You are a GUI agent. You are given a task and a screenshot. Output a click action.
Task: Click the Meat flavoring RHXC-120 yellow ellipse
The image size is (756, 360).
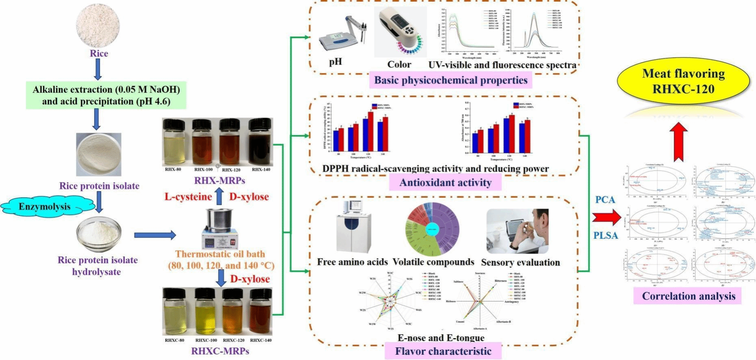tap(683, 81)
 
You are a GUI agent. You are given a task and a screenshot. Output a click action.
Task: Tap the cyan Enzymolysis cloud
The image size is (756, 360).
tap(45, 207)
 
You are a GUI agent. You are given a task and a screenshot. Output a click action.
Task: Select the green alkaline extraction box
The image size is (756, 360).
tap(106, 95)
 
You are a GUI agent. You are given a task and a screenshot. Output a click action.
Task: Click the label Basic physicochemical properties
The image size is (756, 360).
tap(451, 80)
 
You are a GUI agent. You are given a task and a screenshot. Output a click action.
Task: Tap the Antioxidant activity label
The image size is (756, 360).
tap(445, 182)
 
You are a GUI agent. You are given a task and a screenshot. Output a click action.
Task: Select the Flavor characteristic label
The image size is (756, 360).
tap(443, 351)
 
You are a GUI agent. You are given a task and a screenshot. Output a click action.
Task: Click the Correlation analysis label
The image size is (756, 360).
tap(689, 296)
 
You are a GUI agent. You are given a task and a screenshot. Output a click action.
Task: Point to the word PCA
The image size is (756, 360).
tap(605, 200)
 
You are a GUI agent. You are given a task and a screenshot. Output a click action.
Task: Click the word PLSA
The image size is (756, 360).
tap(606, 235)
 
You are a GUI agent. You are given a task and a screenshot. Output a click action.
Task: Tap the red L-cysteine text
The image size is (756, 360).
tap(188, 197)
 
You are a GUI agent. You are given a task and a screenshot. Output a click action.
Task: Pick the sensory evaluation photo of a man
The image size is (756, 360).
tap(517, 231)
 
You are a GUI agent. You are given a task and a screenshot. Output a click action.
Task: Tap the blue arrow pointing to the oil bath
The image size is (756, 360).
tap(155, 235)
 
